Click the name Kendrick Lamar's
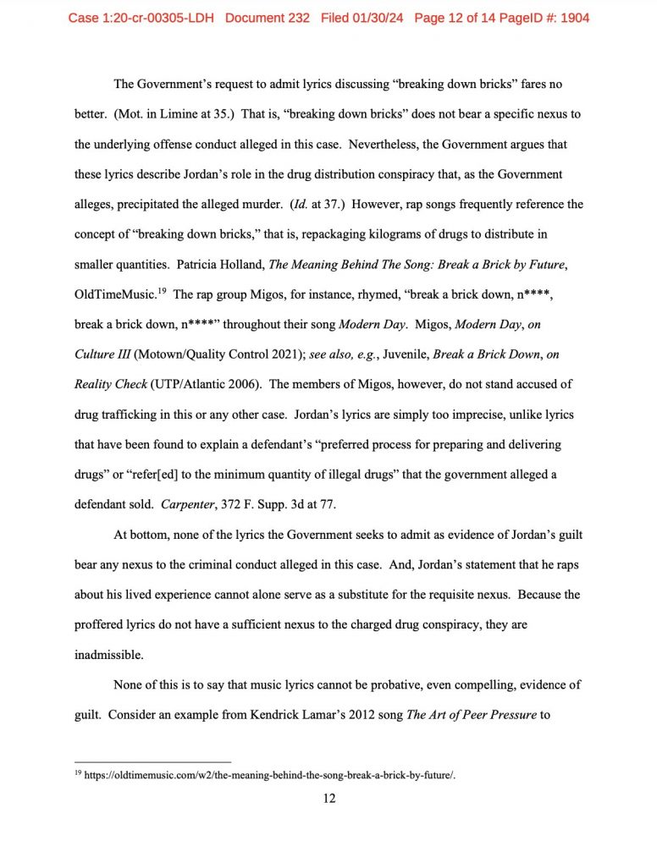284,715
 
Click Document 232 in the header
269,18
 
